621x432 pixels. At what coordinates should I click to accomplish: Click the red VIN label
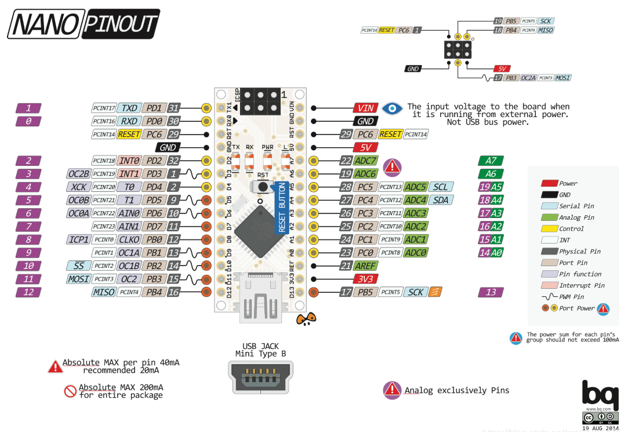point(366,108)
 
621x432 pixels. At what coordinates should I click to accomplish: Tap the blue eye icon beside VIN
point(393,108)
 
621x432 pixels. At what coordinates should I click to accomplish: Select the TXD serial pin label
point(129,108)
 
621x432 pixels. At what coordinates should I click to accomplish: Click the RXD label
point(129,121)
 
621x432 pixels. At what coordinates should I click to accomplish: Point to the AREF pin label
point(366,266)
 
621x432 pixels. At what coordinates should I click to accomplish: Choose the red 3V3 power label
point(366,279)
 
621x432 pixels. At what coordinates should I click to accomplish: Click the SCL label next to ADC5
point(440,187)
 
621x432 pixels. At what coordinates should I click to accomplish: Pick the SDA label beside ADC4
point(440,200)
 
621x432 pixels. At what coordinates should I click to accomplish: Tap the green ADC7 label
point(366,161)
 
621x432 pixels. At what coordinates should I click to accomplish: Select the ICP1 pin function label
point(78,239)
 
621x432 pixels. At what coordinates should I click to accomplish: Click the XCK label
point(78,187)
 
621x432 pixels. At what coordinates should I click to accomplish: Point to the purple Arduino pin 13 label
point(491,292)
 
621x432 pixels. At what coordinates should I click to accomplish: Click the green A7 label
point(491,161)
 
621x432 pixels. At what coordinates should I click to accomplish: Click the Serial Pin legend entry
point(576,206)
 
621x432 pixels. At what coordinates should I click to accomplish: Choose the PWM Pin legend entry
point(571,297)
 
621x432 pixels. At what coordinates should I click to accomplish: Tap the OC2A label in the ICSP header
point(528,78)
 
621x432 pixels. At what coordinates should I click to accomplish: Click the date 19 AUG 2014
point(600,429)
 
